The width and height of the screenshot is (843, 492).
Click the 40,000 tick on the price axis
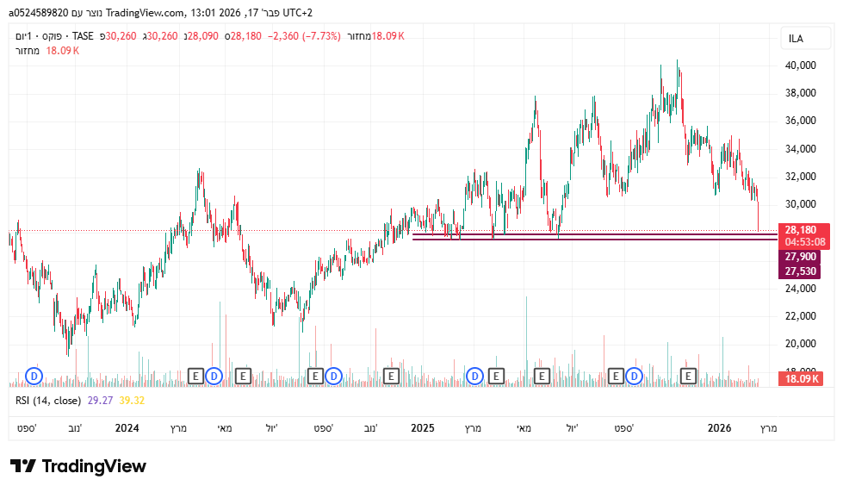(800, 65)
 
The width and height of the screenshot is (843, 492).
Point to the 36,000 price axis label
(800, 121)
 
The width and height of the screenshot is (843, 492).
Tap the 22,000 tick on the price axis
(800, 316)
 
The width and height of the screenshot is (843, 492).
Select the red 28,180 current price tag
(800, 230)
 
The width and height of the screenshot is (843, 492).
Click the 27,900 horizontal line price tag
(800, 257)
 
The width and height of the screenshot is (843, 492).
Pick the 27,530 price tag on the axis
(800, 271)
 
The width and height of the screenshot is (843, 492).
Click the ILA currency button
(797, 39)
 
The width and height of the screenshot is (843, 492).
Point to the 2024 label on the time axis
(127, 427)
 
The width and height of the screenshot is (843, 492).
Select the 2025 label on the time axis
(422, 427)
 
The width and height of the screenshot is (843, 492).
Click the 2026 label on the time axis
(719, 427)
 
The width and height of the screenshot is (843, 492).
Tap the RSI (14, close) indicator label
(48, 400)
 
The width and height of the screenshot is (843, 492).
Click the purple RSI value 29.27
(101, 400)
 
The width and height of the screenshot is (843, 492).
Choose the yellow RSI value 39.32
(132, 400)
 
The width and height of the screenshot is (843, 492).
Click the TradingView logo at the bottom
(78, 466)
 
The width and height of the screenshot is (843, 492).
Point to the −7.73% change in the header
(320, 36)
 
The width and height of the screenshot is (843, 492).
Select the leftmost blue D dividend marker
(34, 376)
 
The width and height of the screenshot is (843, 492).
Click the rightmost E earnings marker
(688, 376)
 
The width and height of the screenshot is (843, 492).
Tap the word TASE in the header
(83, 36)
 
